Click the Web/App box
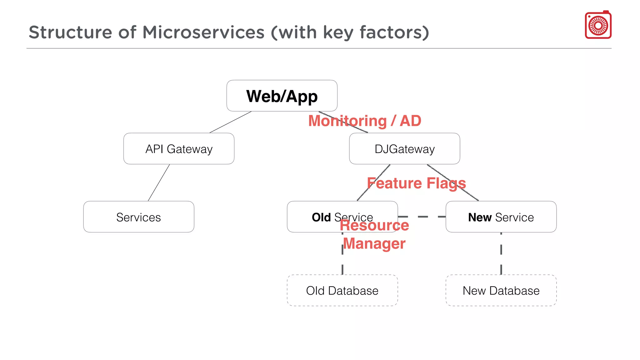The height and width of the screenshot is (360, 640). [x=282, y=96]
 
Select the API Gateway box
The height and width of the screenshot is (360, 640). [x=179, y=149]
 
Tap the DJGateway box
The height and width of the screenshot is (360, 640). [x=404, y=149]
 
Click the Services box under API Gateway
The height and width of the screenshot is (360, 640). [x=138, y=217]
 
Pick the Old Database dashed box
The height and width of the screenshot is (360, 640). [x=342, y=290]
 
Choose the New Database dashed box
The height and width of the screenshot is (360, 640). [x=501, y=290]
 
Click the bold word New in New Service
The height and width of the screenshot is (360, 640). [x=480, y=217]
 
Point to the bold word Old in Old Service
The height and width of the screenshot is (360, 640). [x=321, y=217]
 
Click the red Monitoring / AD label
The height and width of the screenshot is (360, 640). [x=364, y=121]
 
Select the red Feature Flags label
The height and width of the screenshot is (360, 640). [x=416, y=183]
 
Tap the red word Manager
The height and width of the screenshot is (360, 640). [x=374, y=243]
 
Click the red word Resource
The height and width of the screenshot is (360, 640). [x=374, y=225]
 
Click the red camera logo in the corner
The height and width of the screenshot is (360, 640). [x=598, y=25]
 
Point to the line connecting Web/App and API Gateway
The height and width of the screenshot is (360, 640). [x=230, y=122]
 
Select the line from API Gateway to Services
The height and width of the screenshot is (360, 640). [x=159, y=183]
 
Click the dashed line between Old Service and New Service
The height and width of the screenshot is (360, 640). [x=422, y=217]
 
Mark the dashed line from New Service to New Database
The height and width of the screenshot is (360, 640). [x=501, y=253]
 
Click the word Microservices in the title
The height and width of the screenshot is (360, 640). [x=203, y=32]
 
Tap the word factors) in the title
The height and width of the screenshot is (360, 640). [x=394, y=32]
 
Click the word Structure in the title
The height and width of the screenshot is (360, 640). [x=70, y=32]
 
